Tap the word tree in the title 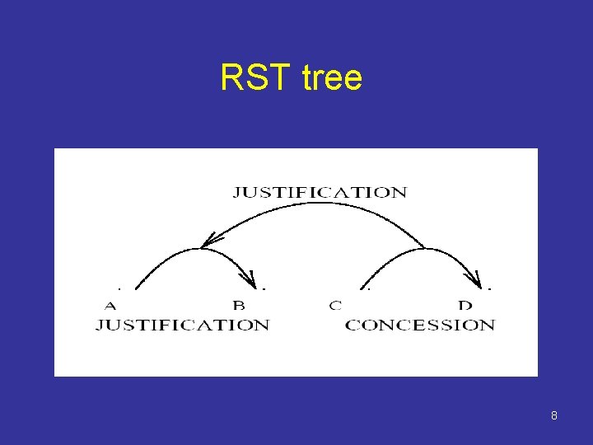332,78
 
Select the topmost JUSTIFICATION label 320,193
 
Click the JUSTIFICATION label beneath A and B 182,325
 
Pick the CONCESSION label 420,325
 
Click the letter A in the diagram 110,306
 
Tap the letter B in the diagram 239,306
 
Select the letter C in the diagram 335,306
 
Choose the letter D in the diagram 465,306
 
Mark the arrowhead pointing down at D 476,279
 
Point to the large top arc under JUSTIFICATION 313,205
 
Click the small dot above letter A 119,289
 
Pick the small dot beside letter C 369,289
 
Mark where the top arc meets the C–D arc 425,247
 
